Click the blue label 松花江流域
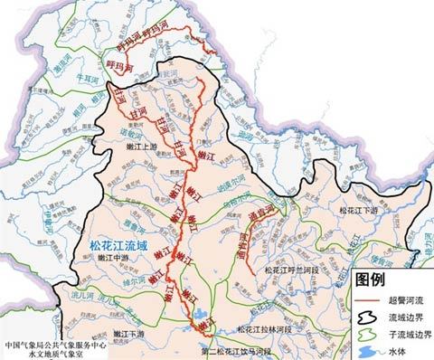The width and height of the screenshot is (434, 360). click(121, 243)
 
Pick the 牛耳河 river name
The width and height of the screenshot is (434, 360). click(88, 78)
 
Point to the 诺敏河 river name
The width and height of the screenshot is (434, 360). click(133, 130)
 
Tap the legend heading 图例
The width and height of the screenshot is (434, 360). click(373, 277)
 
